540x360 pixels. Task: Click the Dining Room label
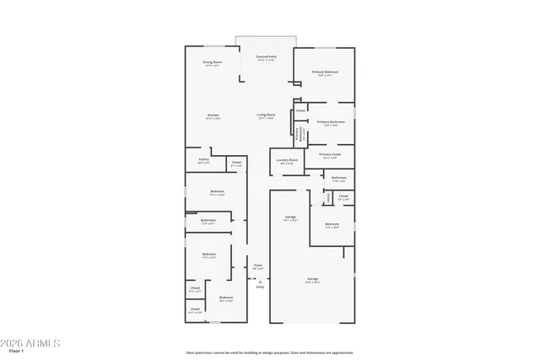pos(212,62)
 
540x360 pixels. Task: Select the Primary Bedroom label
pos(325,73)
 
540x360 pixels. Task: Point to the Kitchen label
pos(213,115)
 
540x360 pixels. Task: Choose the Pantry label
pos(203,159)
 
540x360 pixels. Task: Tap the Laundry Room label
pos(287,160)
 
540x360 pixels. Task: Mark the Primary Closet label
pos(330,154)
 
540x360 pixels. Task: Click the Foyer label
pos(258,266)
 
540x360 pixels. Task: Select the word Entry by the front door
pos(260,287)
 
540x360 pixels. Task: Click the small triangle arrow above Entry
pos(260,281)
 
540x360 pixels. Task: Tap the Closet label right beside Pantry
pos(236,162)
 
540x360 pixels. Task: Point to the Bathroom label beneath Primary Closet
pos(338,178)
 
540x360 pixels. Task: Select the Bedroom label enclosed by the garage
pos(332,223)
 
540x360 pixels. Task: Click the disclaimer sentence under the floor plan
pos(270,352)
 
